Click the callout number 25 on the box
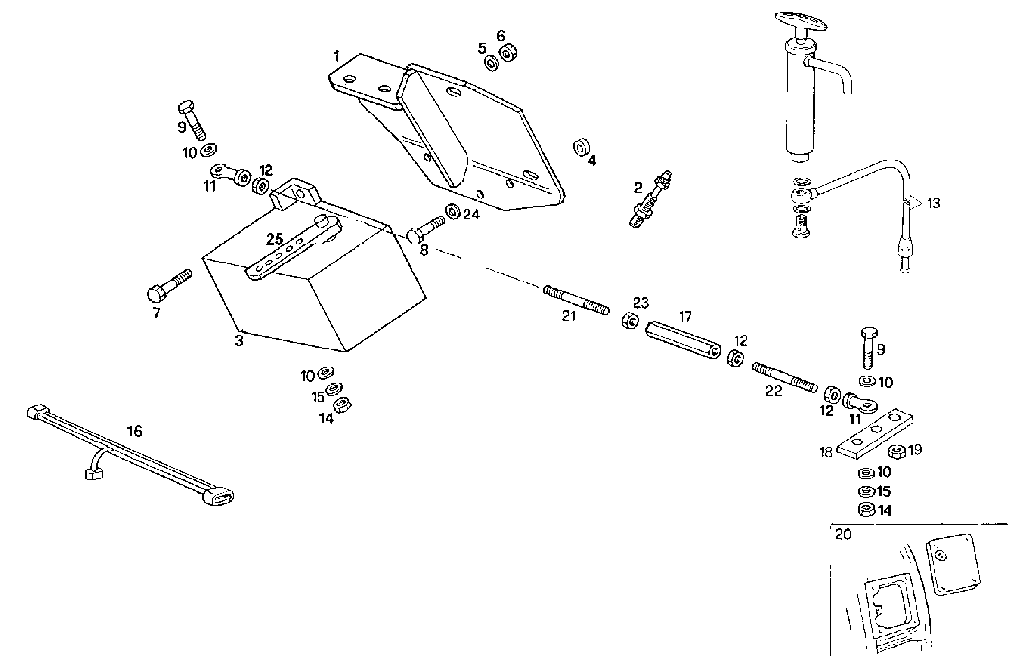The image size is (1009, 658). (x=275, y=239)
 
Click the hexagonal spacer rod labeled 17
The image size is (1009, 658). (x=683, y=341)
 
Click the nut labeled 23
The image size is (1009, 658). (x=628, y=320)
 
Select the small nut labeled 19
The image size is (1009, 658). (x=896, y=451)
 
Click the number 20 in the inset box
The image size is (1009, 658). (x=843, y=535)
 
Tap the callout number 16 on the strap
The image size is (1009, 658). (x=135, y=432)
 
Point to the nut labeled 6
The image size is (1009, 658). (x=507, y=53)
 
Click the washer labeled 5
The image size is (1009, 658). (x=491, y=63)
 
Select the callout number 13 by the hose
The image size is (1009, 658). (x=933, y=204)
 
